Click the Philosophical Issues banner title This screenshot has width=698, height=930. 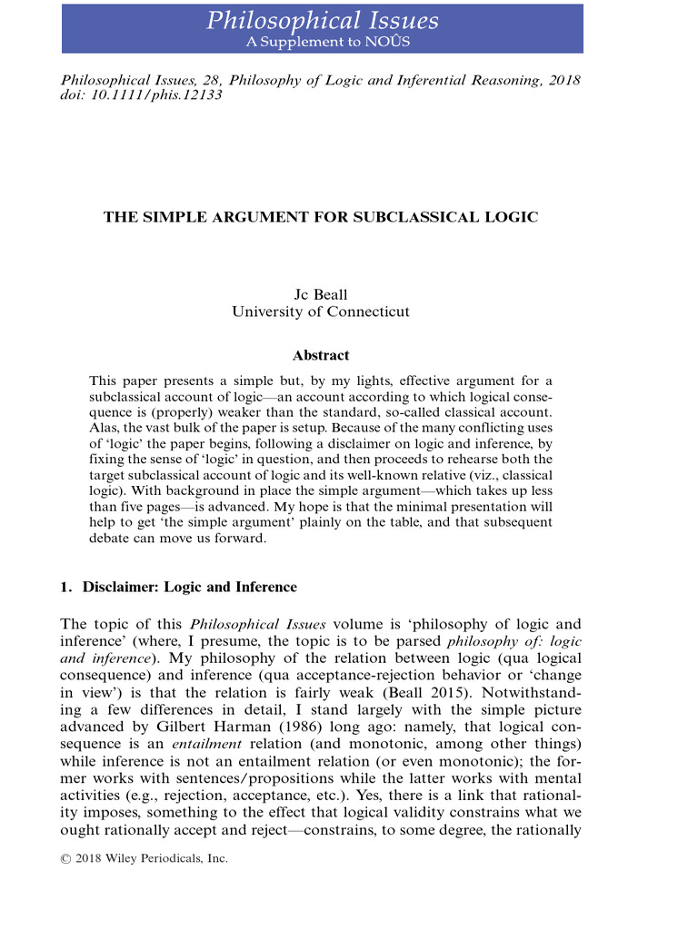(x=322, y=21)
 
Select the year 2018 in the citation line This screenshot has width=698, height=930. (x=563, y=80)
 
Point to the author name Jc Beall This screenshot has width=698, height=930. (x=320, y=294)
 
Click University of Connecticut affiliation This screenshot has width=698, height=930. (x=320, y=312)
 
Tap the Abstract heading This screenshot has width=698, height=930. (x=320, y=355)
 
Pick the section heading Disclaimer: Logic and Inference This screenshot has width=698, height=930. (x=189, y=587)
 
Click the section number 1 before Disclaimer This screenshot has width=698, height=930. (x=65, y=587)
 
